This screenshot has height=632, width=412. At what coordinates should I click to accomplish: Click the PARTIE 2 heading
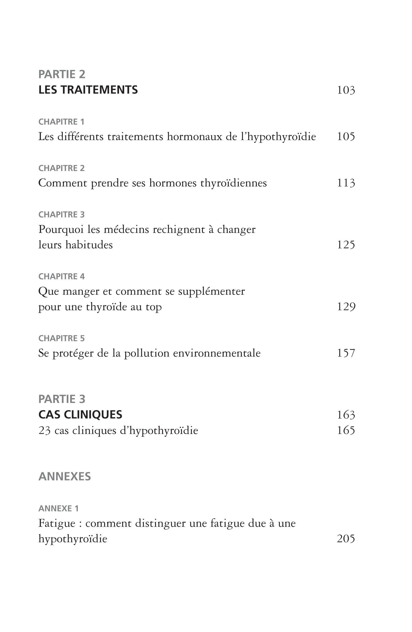pyautogui.click(x=62, y=74)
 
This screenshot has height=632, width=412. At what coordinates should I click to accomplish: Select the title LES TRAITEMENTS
pyautogui.click(x=88, y=90)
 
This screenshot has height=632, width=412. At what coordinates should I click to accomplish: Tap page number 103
pyautogui.click(x=346, y=90)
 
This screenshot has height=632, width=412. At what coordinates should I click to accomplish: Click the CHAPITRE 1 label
pyautogui.click(x=61, y=122)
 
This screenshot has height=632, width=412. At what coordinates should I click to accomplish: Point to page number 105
pyautogui.click(x=346, y=137)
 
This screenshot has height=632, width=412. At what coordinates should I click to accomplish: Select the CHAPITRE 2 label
pyautogui.click(x=61, y=168)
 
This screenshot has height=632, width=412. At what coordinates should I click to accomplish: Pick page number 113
pyautogui.click(x=346, y=183)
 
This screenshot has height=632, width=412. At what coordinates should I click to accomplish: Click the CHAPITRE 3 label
pyautogui.click(x=61, y=215)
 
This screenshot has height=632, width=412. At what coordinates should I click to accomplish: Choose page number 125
pyautogui.click(x=346, y=245)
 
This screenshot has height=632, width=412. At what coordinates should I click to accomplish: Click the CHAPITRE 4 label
pyautogui.click(x=61, y=276)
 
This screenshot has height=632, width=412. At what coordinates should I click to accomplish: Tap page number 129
pyautogui.click(x=346, y=307)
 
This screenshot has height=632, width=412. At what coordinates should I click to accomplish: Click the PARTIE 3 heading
pyautogui.click(x=62, y=399)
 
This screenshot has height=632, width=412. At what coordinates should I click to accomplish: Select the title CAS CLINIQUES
pyautogui.click(x=80, y=415)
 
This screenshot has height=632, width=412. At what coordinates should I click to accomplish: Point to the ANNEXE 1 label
pyautogui.click(x=58, y=509)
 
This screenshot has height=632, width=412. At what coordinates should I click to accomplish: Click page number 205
pyautogui.click(x=346, y=539)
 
